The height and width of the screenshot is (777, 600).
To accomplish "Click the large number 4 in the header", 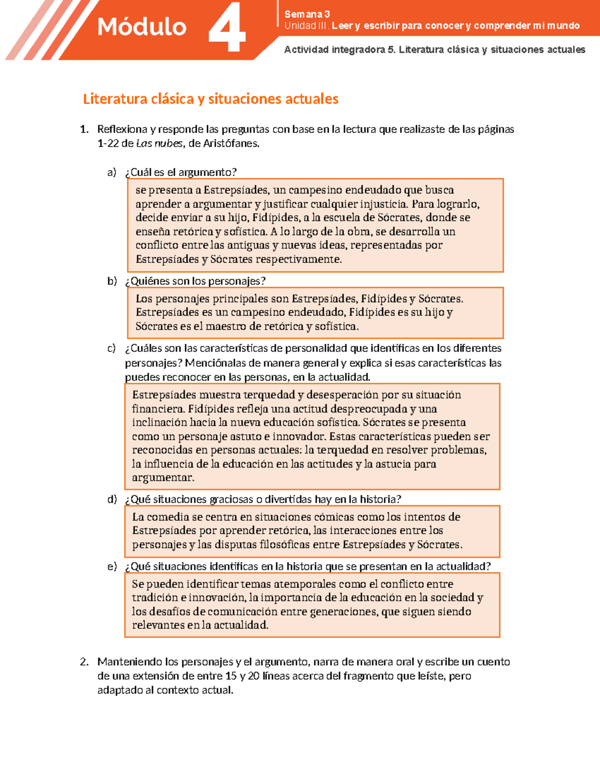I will (x=226, y=29).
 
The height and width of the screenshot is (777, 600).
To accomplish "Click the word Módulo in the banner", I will (x=141, y=27).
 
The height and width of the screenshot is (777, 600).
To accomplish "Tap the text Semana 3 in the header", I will (x=306, y=14).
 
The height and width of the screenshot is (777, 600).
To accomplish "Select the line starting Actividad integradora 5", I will (x=434, y=50).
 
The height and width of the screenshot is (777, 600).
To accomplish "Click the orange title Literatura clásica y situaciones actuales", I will (x=210, y=99).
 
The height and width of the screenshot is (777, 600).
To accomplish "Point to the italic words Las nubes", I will (x=159, y=144).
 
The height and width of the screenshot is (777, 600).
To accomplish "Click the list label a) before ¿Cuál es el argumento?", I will (x=111, y=173).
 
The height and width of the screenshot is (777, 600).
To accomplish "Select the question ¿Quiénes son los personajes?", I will (x=195, y=281).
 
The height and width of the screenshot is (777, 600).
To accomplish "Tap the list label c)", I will (x=111, y=348).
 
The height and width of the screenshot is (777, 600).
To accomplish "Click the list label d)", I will (x=111, y=499).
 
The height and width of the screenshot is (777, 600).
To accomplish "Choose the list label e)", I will (x=111, y=566).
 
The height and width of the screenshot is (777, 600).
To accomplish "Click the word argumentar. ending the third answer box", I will (x=162, y=478).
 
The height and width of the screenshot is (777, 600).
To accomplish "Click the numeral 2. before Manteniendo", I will (x=84, y=662).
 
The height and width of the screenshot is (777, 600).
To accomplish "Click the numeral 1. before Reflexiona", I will (x=84, y=130).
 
